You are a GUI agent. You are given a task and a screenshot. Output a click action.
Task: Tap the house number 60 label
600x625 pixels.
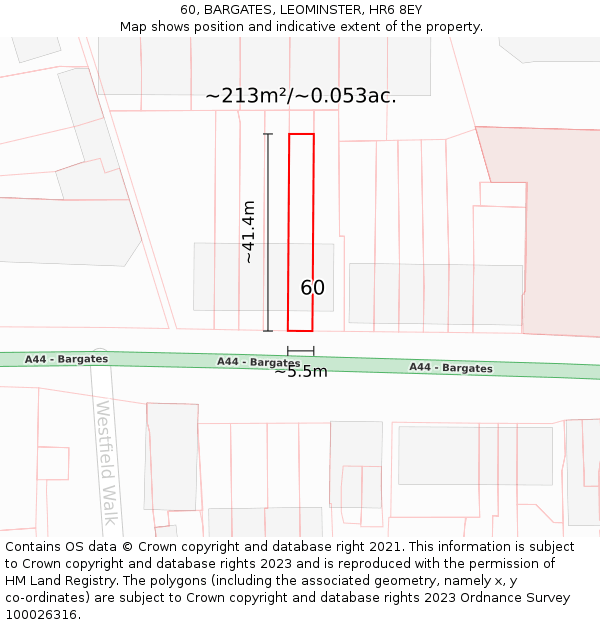(x=312, y=288)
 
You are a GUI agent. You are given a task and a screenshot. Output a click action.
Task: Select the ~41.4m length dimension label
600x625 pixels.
(x=249, y=232)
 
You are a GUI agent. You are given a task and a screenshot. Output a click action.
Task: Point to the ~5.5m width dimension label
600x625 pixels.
(x=301, y=372)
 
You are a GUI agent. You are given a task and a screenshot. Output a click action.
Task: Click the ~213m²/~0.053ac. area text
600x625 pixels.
(x=301, y=96)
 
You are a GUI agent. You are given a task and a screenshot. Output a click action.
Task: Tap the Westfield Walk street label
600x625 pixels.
(x=107, y=462)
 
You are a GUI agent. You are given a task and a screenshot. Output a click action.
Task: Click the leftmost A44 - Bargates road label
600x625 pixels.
(x=67, y=359)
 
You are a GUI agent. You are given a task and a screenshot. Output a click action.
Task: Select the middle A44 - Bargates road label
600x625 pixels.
(x=258, y=362)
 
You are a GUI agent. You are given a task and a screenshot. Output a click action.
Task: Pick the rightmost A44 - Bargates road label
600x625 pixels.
(x=450, y=368)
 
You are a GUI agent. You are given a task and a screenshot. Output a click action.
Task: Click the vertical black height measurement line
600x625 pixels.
(x=268, y=232)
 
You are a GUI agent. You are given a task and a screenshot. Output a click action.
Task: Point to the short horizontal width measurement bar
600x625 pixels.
(x=301, y=351)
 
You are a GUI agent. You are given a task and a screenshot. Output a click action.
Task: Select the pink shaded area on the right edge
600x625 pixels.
(x=560, y=230)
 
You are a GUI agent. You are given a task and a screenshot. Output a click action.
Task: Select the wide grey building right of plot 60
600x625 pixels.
(x=435, y=293)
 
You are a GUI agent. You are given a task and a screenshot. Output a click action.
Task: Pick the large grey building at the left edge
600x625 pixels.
(x=60, y=232)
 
